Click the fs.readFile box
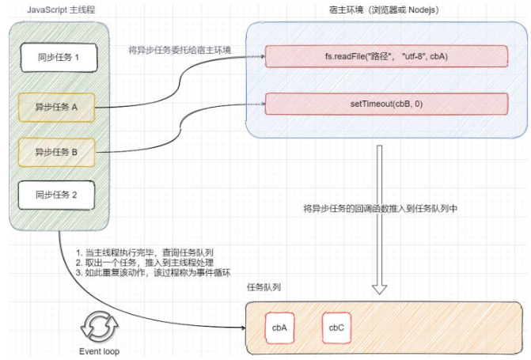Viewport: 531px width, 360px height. [x=385, y=57]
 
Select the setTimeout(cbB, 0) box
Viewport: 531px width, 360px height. [x=385, y=104]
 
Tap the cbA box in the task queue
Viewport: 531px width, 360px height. [x=279, y=328]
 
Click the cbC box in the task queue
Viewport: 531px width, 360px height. [x=336, y=328]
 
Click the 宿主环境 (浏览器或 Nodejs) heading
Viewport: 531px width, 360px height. [x=385, y=9]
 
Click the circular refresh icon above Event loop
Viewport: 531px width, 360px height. [x=100, y=325]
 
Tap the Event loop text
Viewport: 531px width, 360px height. [x=100, y=351]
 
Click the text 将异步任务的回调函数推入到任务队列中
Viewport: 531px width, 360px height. [x=382, y=209]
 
